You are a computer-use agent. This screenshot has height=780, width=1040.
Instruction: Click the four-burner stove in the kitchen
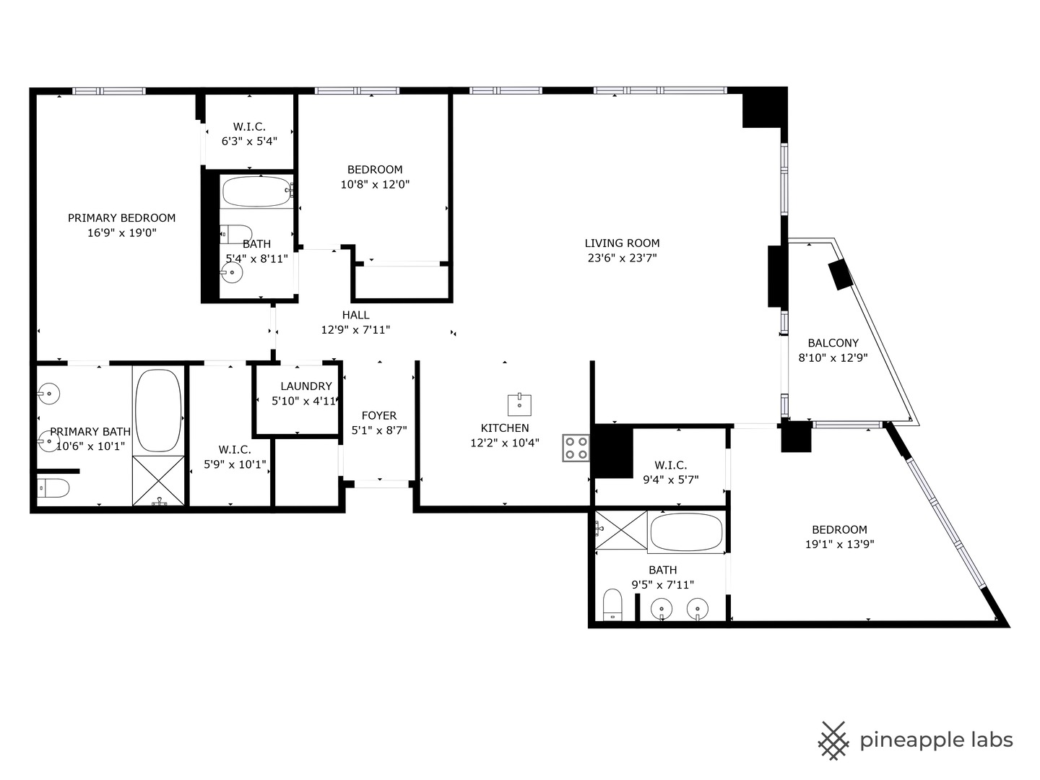tap(576, 447)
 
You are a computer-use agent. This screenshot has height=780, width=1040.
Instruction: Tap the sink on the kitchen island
tap(519, 404)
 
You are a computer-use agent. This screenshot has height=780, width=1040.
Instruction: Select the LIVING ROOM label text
tap(622, 243)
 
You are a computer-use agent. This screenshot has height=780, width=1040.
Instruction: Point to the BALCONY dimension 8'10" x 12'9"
tap(832, 357)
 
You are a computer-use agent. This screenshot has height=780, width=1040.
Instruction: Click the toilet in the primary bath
tap(53, 489)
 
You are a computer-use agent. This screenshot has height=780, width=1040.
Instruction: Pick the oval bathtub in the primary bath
tap(159, 410)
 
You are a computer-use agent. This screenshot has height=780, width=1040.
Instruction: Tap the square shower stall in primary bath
tap(159, 480)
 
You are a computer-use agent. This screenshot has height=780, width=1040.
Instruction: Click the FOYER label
tap(378, 415)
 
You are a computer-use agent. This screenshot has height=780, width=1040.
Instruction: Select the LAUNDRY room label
tap(306, 386)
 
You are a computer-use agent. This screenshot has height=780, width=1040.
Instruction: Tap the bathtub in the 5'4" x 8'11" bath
tap(256, 192)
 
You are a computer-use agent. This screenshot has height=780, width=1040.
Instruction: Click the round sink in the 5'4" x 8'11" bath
tap(231, 272)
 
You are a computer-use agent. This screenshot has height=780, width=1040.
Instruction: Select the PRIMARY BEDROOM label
tap(121, 218)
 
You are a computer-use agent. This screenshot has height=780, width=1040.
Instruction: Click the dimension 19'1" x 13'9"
tap(839, 545)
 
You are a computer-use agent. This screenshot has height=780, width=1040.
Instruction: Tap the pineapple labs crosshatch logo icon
tap(833, 740)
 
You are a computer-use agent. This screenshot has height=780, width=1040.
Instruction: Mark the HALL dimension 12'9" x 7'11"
tap(355, 330)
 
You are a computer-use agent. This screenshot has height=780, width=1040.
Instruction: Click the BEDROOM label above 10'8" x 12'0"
tap(375, 170)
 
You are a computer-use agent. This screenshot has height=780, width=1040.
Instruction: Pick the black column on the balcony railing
tap(841, 274)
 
